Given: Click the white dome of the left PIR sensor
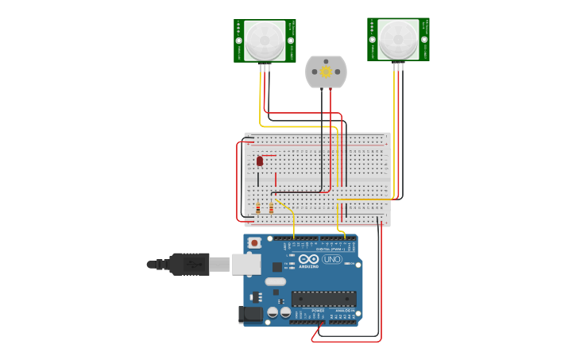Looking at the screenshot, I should point(264,41).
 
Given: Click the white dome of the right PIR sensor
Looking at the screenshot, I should point(397,39).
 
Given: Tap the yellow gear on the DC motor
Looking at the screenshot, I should point(326,72).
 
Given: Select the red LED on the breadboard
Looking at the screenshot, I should point(260,161).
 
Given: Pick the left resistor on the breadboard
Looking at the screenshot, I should point(257,208).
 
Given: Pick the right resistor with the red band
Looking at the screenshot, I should point(271,208).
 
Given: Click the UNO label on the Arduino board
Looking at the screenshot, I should point(331,260).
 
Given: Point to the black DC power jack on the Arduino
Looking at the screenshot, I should point(251,315).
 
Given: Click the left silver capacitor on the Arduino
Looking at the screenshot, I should point(273,313).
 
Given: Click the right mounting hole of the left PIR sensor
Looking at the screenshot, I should point(290,41).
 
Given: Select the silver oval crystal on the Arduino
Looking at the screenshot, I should point(276,281).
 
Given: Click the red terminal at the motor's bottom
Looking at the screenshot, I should point(331,88).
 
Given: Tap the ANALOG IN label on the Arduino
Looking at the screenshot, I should point(344,311).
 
